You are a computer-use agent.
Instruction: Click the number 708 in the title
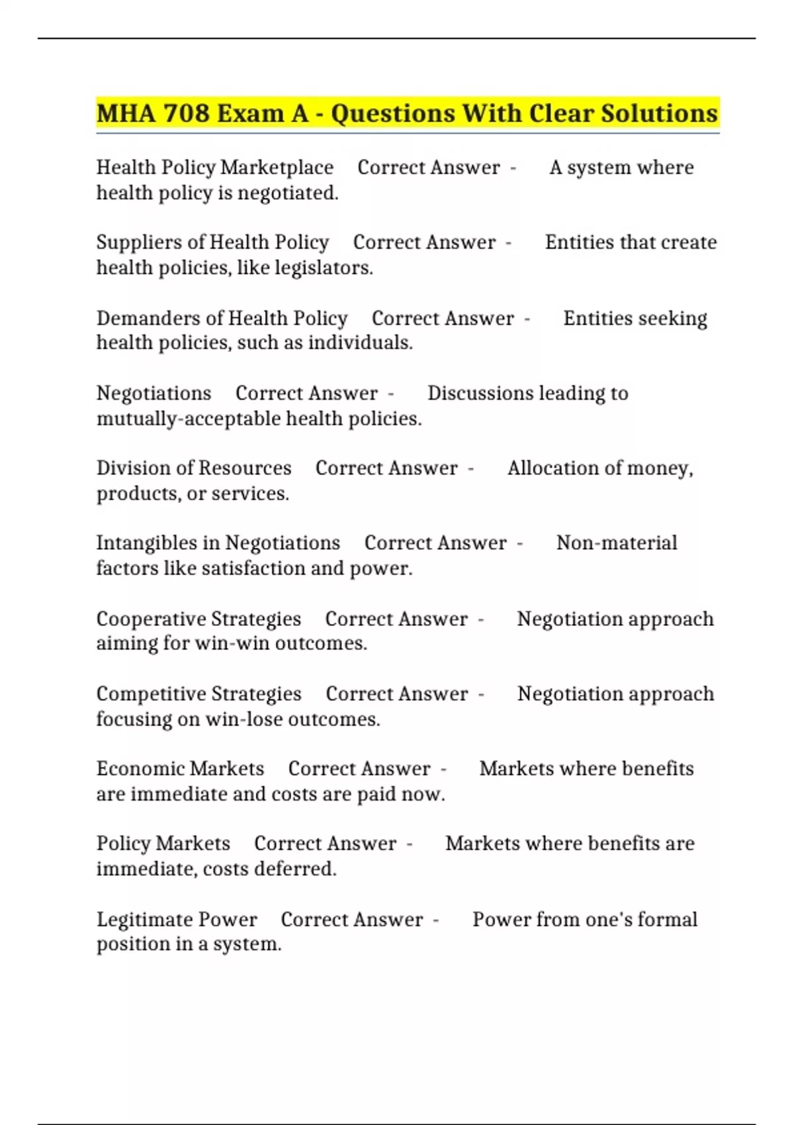[x=186, y=114]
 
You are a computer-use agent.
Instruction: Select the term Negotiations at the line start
[x=154, y=393]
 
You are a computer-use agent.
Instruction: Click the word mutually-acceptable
[x=179, y=419]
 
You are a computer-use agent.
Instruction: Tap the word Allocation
[x=554, y=468]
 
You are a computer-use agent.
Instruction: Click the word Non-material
[x=616, y=543]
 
